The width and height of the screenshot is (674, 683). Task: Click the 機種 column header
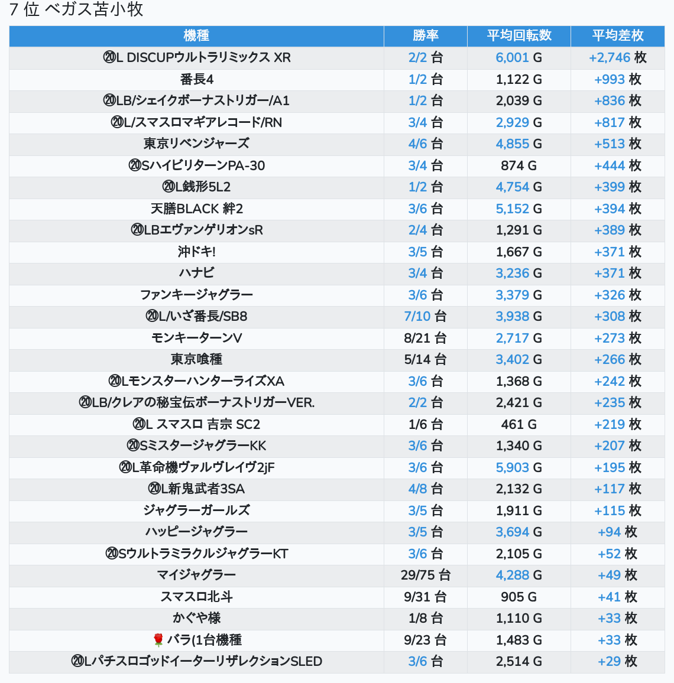[196, 36]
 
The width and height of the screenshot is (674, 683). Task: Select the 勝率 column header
[425, 36]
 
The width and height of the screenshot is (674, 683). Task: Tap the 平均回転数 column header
[519, 36]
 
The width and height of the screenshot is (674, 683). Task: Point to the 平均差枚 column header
[617, 36]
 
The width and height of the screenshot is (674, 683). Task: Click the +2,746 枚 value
[617, 58]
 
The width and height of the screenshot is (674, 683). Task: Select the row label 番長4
[196, 79]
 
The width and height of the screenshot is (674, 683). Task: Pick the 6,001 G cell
[519, 58]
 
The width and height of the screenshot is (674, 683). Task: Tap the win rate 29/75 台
[425, 575]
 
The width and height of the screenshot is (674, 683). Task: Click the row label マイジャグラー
[196, 575]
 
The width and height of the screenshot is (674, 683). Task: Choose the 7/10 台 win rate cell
[425, 317]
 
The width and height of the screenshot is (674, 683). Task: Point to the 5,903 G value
[519, 467]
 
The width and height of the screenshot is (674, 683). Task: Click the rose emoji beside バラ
[158, 640]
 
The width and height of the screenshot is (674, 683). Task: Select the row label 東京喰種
[196, 359]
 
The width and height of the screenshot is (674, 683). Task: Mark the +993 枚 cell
[617, 79]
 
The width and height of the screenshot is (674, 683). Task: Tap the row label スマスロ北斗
[196, 597]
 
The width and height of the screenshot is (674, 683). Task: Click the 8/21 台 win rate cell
[425, 338]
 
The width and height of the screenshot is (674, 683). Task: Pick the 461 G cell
[519, 424]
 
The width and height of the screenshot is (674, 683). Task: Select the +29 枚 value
[617, 661]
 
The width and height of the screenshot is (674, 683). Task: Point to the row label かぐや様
[196, 618]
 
